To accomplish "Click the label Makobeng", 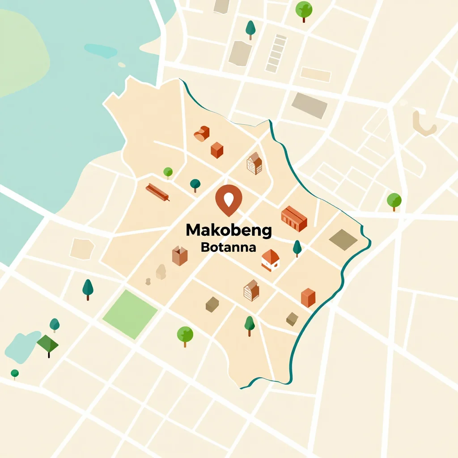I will click(229, 230).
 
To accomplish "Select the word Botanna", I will click(229, 247).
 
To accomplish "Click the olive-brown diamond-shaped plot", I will click(343, 240).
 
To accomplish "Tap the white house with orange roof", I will click(270, 260).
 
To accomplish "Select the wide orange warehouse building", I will click(294, 218).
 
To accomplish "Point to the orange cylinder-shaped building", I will click(202, 133).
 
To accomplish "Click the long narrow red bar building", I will click(157, 192).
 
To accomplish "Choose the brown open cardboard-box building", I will click(179, 256).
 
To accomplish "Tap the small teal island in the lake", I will click(101, 51).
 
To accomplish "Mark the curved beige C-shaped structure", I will click(424, 123).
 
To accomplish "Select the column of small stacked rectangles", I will click(276, 53).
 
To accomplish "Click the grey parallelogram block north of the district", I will click(310, 106).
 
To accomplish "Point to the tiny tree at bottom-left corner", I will click(15, 373).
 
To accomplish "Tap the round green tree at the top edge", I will click(304, 10).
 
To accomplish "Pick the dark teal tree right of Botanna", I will click(297, 248).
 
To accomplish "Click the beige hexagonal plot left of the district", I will click(82, 249).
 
